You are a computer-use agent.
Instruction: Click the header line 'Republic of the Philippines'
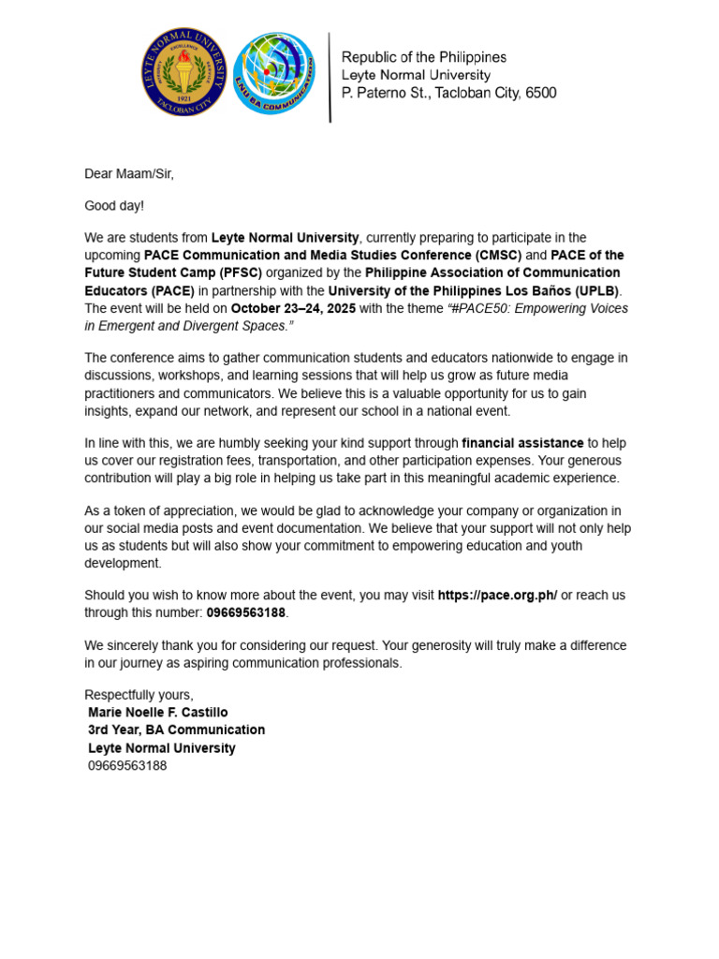423,58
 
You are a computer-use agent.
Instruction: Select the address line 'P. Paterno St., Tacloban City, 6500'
448,93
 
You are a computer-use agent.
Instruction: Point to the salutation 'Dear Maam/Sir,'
129,173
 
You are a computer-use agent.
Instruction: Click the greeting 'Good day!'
114,205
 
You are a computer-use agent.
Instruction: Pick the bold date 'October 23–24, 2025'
293,308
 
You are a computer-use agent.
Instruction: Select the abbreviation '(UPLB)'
591,290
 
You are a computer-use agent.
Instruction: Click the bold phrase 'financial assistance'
522,442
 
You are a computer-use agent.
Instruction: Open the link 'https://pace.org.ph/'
497,595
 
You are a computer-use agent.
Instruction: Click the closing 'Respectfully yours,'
139,694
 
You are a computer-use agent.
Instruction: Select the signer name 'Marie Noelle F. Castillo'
157,712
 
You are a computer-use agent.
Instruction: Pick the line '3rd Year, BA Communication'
176,730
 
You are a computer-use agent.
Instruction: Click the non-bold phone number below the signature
127,765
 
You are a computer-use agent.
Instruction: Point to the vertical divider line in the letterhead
330,77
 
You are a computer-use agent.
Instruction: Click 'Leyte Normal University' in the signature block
161,747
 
